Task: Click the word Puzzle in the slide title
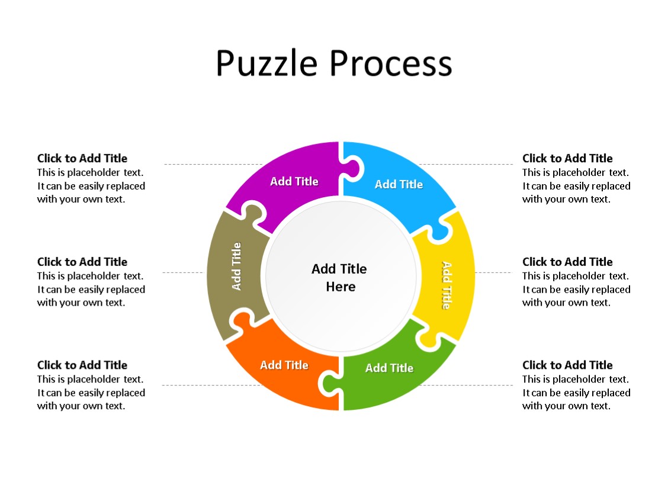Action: [x=268, y=63]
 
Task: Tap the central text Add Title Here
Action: [x=340, y=277]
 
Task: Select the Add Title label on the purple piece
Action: [x=294, y=181]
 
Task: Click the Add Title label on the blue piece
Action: [x=399, y=184]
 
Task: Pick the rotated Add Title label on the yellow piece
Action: [x=446, y=285]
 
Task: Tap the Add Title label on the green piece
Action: [x=389, y=368]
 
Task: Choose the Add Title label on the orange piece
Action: [x=284, y=365]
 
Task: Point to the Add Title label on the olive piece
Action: [x=237, y=266]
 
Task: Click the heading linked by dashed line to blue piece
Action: [x=567, y=158]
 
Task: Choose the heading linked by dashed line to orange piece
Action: [x=82, y=365]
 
